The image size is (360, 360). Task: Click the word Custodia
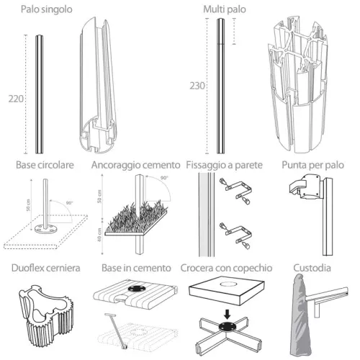[x=313, y=269]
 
